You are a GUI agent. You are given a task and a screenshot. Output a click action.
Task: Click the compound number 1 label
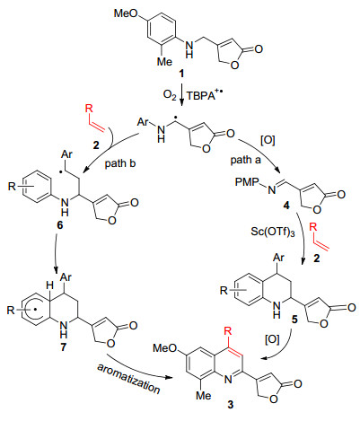click(181, 73)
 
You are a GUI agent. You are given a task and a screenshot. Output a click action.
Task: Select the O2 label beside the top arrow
click(170, 95)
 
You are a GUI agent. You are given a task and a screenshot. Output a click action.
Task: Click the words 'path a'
click(245, 161)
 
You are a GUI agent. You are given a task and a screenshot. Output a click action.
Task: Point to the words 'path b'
click(120, 163)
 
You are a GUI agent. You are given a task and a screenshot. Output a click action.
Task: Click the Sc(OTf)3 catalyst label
click(273, 232)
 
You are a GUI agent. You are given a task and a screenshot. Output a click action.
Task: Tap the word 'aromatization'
click(128, 379)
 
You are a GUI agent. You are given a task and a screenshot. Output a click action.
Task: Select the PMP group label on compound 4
click(247, 182)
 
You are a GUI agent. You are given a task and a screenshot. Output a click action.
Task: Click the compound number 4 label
click(286, 206)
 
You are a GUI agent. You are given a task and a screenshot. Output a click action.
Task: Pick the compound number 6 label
click(60, 224)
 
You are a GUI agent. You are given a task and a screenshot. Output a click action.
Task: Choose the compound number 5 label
click(294, 320)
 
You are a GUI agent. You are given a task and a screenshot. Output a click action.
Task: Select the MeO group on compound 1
click(126, 13)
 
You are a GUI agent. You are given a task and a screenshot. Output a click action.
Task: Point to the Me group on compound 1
click(165, 61)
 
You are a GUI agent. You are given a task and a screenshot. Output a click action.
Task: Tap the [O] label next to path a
click(268, 140)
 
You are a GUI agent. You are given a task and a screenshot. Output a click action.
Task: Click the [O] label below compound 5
click(272, 339)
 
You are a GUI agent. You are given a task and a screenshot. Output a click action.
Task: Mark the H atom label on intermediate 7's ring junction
click(49, 286)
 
